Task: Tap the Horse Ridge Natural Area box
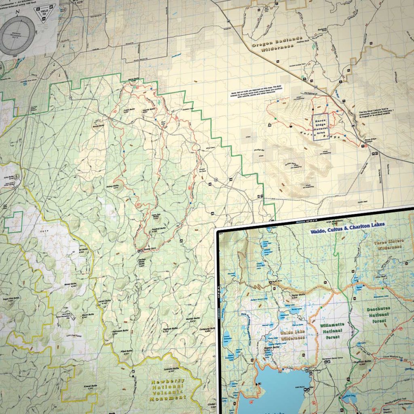pos(321,127)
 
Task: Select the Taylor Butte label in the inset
pos(298,296)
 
